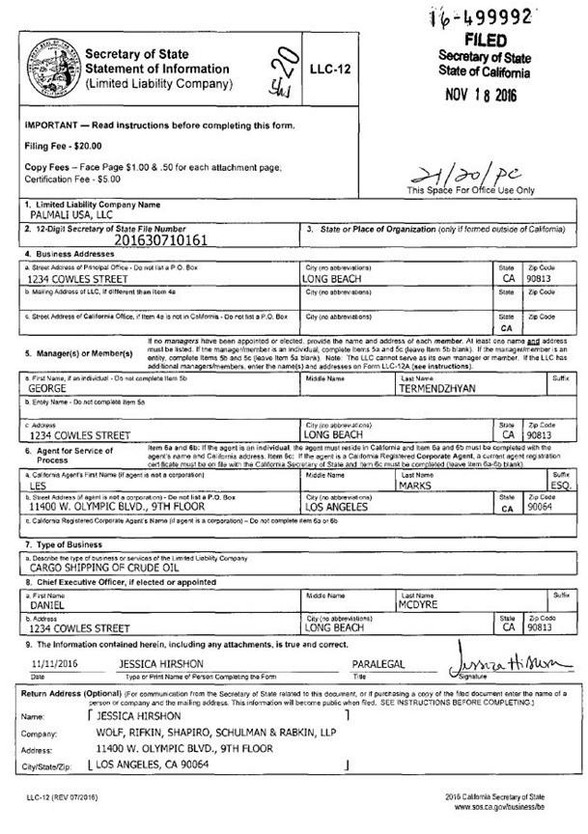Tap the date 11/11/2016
[x=53, y=664]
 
